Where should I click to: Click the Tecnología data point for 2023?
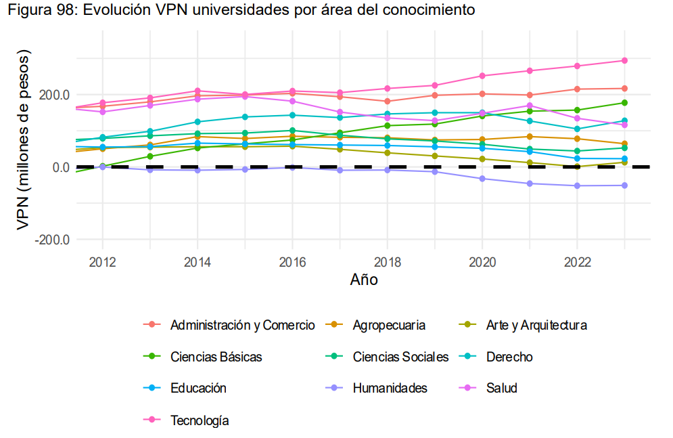coord(624,61)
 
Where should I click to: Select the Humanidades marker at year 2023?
coord(624,185)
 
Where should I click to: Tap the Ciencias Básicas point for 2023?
coord(624,103)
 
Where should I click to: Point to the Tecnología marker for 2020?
coord(482,76)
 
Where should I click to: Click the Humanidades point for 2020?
coord(482,179)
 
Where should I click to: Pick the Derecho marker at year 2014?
coord(198,122)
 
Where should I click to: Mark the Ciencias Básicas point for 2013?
coord(150,156)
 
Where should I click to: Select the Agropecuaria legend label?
coord(389,325)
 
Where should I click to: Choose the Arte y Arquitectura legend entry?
coord(536,325)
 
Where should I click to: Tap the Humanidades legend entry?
coord(390,389)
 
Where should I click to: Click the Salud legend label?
coord(501,389)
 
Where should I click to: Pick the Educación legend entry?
coord(198,389)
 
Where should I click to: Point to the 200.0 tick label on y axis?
coord(54,95)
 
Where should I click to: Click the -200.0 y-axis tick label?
coord(52,240)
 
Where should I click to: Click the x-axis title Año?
coord(364,280)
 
